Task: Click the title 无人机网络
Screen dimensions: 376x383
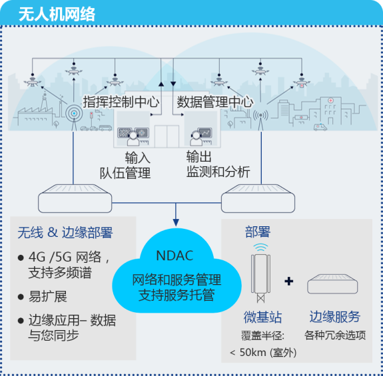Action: point(56,13)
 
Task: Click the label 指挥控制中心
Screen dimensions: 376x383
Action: point(121,102)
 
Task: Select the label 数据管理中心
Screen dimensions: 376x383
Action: point(214,102)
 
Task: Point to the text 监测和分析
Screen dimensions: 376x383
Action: point(218,172)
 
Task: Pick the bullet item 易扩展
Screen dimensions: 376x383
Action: point(47,296)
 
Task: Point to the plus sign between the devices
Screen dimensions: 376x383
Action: point(288,282)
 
